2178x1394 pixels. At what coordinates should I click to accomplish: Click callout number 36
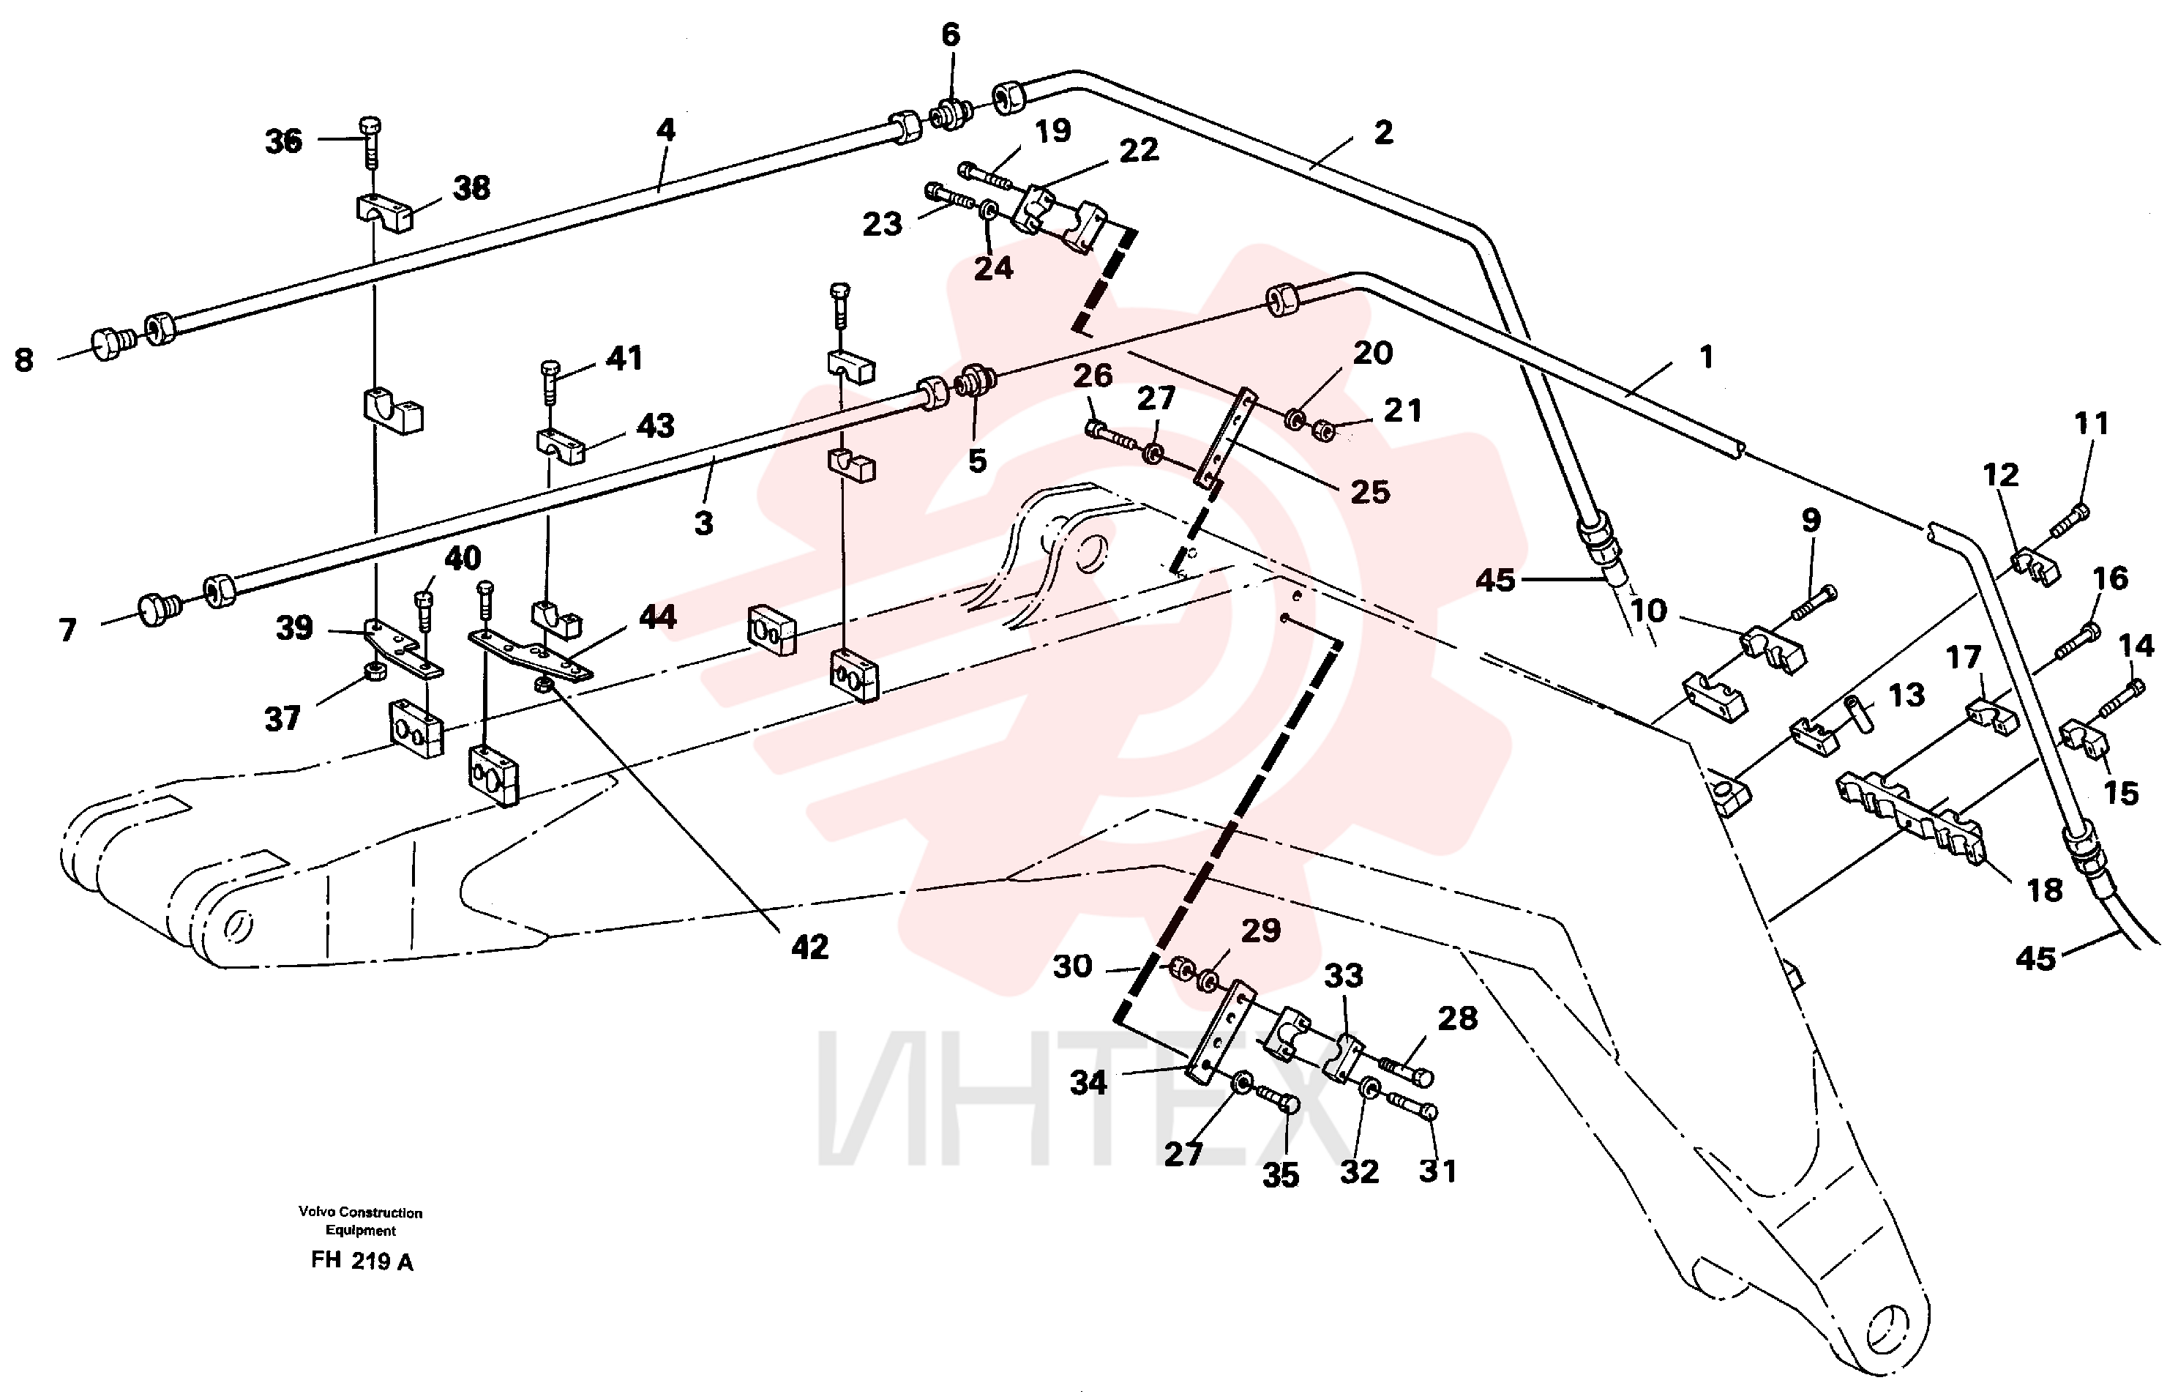point(282,141)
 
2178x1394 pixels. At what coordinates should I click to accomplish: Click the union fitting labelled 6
point(951,115)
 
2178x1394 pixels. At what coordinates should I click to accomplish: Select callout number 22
point(1138,150)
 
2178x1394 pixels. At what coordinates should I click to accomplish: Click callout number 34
point(1088,1083)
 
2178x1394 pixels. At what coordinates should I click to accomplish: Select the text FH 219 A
point(362,1261)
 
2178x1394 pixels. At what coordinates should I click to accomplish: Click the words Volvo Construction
point(360,1212)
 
